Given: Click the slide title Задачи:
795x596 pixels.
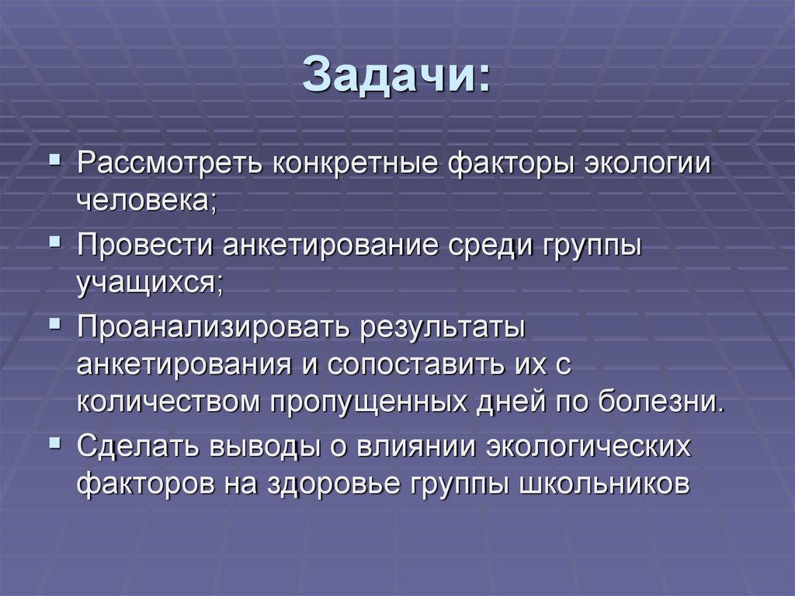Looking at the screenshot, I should click(x=397, y=75).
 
